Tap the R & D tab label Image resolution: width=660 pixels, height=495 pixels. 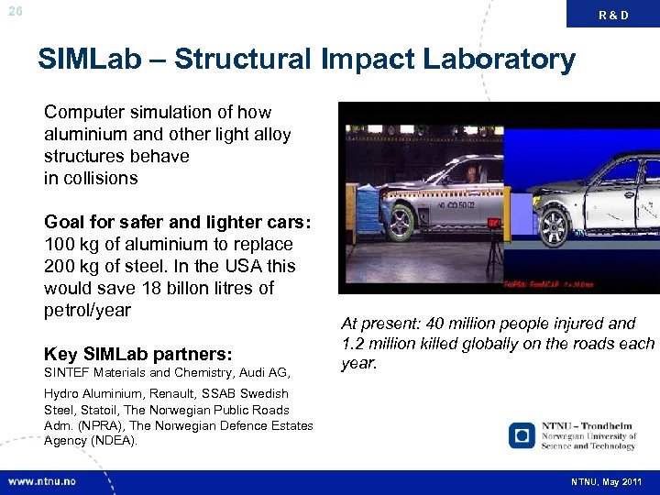tap(613, 15)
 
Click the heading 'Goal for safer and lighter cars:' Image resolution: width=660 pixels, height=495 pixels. tap(165, 223)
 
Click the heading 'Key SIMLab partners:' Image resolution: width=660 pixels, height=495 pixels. tap(137, 355)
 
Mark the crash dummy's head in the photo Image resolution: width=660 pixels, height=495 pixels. tap(471, 171)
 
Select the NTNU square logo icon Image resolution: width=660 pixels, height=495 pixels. tap(522, 434)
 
